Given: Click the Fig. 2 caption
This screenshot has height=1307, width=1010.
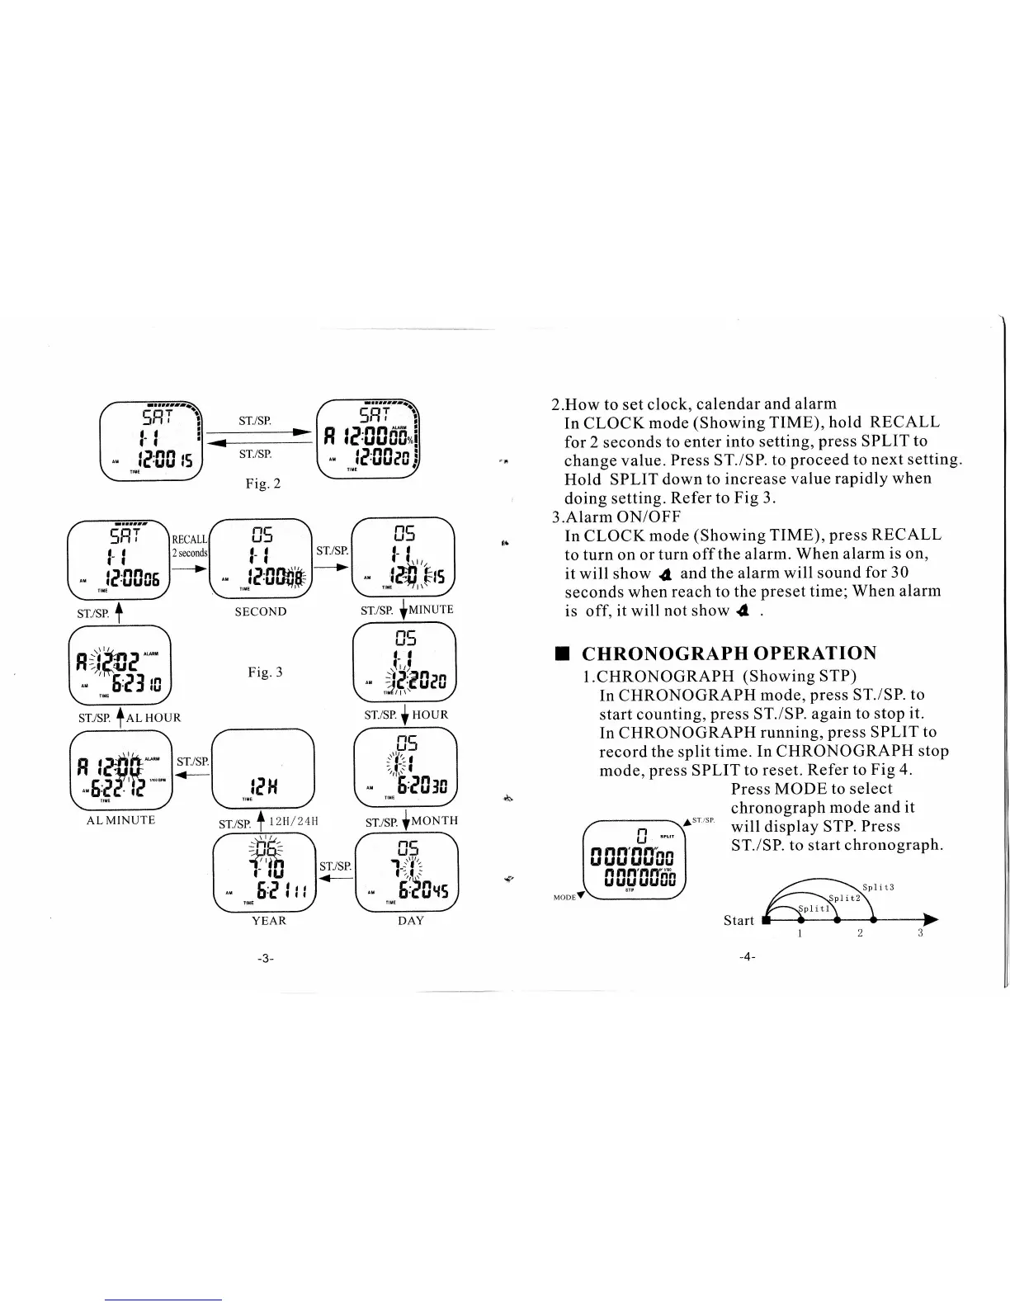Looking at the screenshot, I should pyautogui.click(x=263, y=484).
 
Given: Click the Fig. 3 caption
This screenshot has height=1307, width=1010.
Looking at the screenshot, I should pyautogui.click(x=265, y=672).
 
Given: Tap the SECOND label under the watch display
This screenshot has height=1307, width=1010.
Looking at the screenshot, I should pyautogui.click(x=261, y=611).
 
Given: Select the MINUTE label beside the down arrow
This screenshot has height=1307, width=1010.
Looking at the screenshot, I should pyautogui.click(x=431, y=610).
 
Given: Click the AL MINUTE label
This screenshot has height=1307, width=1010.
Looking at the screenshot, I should pyautogui.click(x=120, y=820).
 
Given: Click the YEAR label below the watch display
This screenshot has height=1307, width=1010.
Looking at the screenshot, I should pyautogui.click(x=268, y=920).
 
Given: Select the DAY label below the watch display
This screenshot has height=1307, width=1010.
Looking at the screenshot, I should pyautogui.click(x=410, y=920).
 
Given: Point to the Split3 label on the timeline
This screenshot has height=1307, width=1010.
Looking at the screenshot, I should pyautogui.click(x=878, y=888).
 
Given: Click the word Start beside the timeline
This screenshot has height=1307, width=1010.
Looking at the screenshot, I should pyautogui.click(x=739, y=920).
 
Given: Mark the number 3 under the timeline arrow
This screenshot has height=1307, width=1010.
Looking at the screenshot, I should pyautogui.click(x=920, y=933).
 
